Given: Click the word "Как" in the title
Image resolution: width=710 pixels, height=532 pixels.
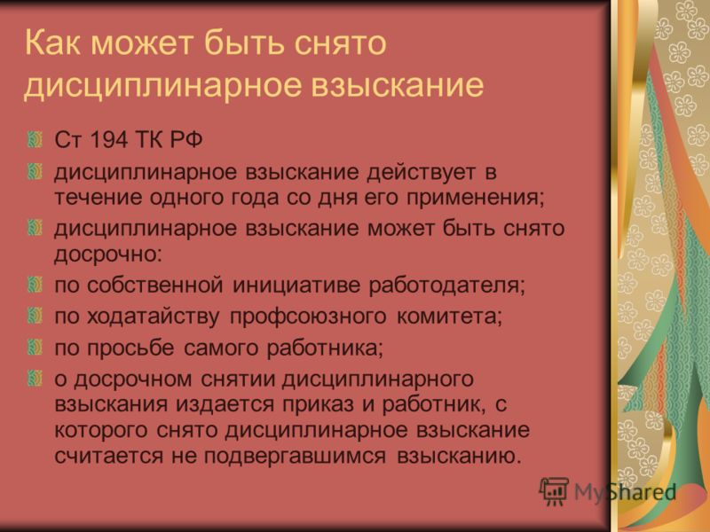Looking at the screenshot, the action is point(52,43).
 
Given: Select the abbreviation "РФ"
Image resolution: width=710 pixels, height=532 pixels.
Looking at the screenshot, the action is point(186,139).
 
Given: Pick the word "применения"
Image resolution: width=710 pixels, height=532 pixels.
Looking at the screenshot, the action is point(475,198).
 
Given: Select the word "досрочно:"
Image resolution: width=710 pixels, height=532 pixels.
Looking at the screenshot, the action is point(107,254).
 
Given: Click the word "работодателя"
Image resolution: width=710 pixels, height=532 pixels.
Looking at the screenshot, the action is point(446,286).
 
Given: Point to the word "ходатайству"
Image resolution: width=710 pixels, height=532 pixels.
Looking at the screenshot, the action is point(153,317).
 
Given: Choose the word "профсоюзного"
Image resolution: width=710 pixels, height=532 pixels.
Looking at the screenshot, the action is point(308,317).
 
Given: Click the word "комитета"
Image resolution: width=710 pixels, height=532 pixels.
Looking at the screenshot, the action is point(450,317).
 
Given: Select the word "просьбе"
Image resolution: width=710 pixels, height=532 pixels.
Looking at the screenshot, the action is point(130,348).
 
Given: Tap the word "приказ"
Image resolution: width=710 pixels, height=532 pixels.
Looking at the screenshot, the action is point(318,404).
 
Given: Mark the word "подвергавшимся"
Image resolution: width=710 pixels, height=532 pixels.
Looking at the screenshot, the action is point(295,456).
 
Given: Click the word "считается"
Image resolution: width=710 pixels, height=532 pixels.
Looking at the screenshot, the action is point(108,456).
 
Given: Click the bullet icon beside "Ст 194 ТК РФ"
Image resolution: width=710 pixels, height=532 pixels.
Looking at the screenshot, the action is point(35,139).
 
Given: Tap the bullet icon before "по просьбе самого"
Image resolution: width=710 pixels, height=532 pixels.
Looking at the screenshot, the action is point(35,348).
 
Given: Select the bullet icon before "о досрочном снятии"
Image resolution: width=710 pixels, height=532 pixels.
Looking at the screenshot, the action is point(35,379).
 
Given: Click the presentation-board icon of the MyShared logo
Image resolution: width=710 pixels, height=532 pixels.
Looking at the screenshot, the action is point(554,491).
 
